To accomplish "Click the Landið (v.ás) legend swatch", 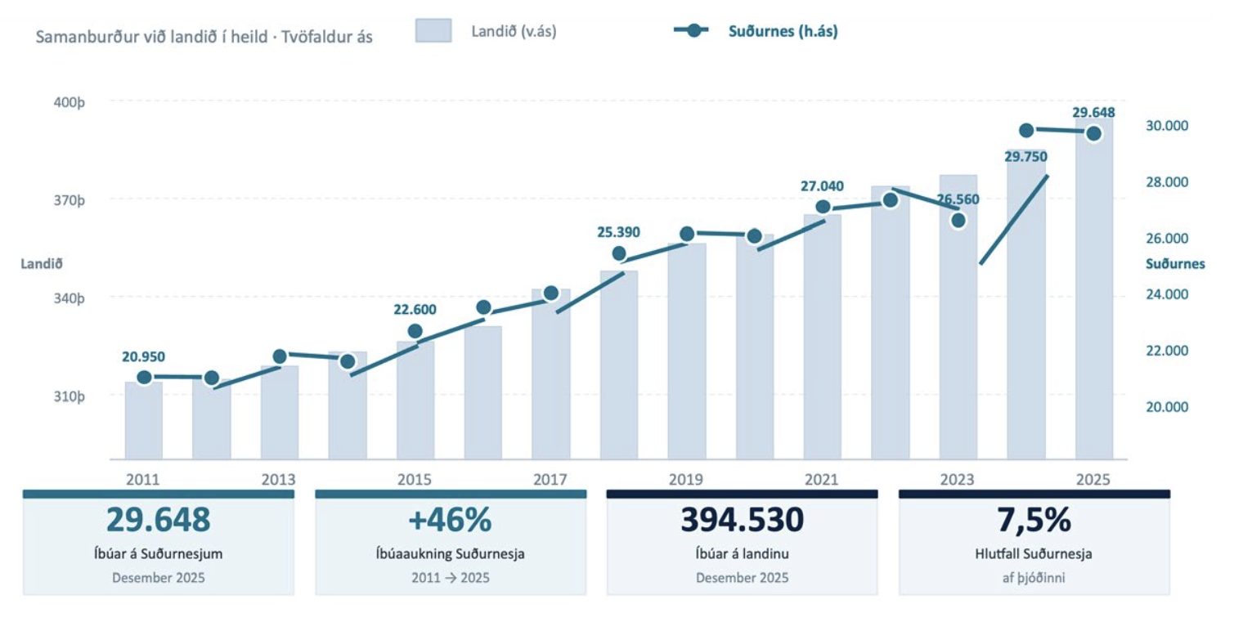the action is pos(433,30).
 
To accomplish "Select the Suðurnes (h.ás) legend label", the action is pos(783,31).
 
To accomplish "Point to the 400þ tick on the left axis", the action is pos(70,103).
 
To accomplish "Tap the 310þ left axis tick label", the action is pos(70,396).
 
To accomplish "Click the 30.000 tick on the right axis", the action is pos(1167,126).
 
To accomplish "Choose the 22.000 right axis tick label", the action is pos(1167,351).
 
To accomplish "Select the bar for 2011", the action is pos(144,421).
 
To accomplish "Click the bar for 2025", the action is pos(1093,289).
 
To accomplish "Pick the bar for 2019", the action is pos(687,351).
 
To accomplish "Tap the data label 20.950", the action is pos(143,356).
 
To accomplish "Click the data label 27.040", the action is pos(822,186).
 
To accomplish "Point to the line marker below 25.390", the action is pos(619,254).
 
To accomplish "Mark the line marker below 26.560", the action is pos(958,221).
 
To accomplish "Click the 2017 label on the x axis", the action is pos(550,479).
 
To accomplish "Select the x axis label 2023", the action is pos(957,479).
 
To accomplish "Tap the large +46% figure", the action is pos(450,520).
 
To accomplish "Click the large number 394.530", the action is pos(742,520).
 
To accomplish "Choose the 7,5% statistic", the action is pos(1034,520).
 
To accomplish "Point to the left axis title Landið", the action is pos(42,264).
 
